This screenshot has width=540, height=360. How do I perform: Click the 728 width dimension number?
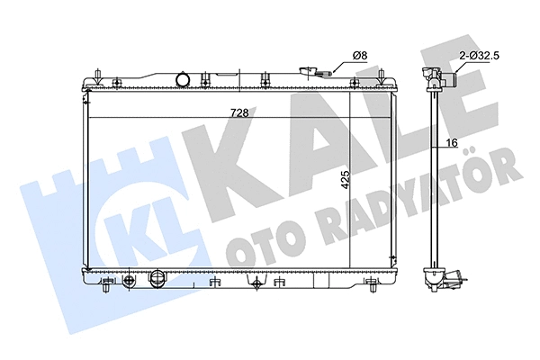click(x=238, y=112)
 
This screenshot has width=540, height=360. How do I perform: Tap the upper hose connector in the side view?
click(x=446, y=79)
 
